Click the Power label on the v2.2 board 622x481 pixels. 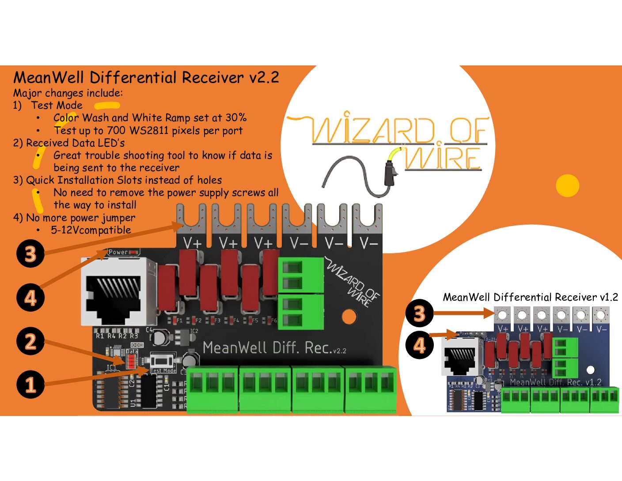point(118,252)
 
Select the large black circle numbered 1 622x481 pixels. point(30,384)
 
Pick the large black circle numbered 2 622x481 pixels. point(30,341)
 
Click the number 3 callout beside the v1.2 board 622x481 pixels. point(419,313)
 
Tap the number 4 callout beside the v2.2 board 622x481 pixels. point(30,298)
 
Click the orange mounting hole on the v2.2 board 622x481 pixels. point(349,316)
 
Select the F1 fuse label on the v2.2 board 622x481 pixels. point(179,320)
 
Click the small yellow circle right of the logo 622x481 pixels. point(567,186)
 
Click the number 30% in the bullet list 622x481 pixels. point(236,118)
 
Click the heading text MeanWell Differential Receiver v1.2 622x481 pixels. point(530,297)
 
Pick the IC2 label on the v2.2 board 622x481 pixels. point(194,331)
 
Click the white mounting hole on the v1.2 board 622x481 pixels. point(591,370)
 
